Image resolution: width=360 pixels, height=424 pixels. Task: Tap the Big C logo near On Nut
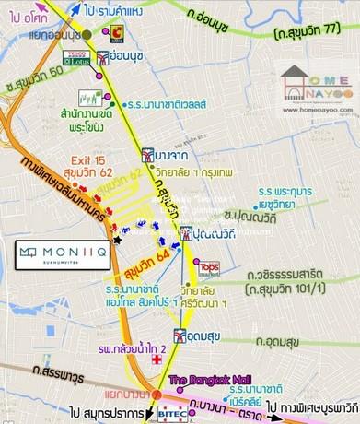pos(117,33)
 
